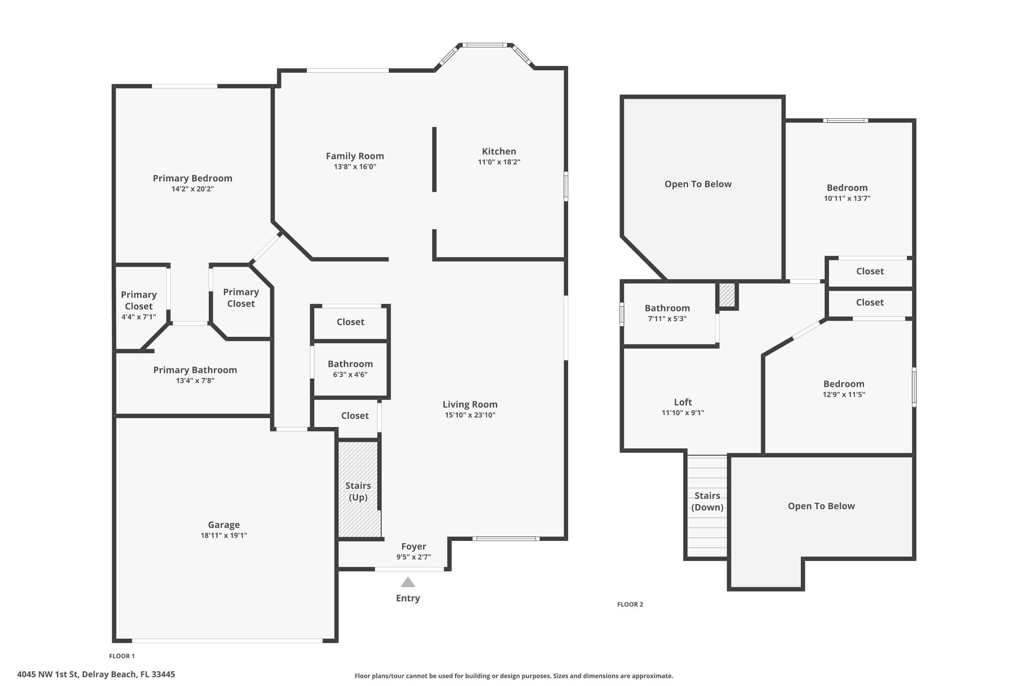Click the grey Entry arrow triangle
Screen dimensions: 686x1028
(407, 583)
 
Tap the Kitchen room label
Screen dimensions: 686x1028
(499, 151)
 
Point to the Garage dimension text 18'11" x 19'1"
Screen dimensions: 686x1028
(223, 535)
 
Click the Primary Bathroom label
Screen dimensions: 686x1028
(195, 370)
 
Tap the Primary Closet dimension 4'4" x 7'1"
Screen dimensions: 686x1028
(138, 317)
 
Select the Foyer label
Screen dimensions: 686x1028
(414, 546)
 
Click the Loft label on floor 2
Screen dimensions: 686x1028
(682, 402)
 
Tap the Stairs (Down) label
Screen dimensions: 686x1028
(707, 501)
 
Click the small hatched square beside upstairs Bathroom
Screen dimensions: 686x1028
(726, 295)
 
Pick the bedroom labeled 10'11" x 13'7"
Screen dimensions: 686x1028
(847, 192)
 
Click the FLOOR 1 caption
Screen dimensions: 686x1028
(122, 656)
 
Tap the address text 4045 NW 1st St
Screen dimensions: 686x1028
(96, 674)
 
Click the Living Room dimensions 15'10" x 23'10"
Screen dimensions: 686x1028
(470, 415)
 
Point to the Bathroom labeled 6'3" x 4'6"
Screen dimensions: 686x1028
(350, 368)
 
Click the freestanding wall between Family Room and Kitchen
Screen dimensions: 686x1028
(434, 159)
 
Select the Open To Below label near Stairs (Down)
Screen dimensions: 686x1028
(821, 506)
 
